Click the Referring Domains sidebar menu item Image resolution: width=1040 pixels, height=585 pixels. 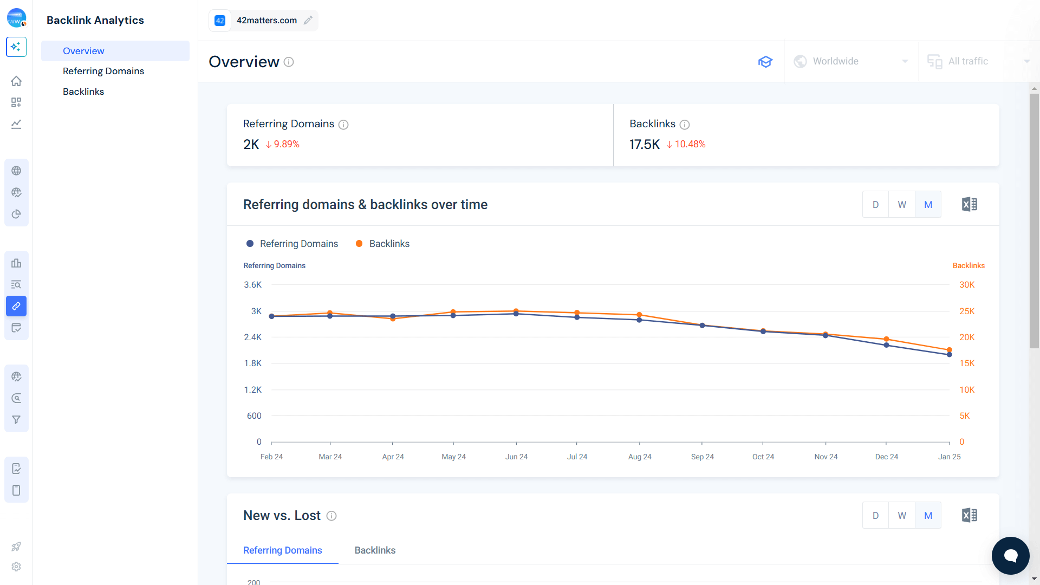click(103, 71)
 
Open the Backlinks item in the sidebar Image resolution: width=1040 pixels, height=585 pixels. click(83, 92)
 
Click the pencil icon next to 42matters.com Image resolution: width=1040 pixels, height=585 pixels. click(308, 21)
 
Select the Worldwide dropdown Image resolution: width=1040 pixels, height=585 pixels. click(851, 61)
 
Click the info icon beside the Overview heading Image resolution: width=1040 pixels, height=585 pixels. click(289, 62)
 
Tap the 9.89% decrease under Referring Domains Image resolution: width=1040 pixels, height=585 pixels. click(283, 144)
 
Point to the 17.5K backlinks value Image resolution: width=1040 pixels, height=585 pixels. click(644, 145)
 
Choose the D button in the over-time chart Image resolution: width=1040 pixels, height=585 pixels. click(875, 205)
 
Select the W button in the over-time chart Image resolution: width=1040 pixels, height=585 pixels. click(902, 205)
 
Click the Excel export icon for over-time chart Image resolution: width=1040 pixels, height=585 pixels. click(969, 205)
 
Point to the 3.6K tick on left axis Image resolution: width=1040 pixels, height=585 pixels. click(252, 285)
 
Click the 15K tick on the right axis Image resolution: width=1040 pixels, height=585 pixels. click(966, 363)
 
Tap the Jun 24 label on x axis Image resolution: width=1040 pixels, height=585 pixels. click(516, 457)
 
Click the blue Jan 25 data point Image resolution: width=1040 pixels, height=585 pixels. click(949, 355)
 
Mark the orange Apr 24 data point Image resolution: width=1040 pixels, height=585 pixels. click(393, 319)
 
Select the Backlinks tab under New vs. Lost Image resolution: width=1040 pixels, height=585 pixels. click(375, 550)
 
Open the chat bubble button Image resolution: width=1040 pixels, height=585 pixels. click(1010, 556)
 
